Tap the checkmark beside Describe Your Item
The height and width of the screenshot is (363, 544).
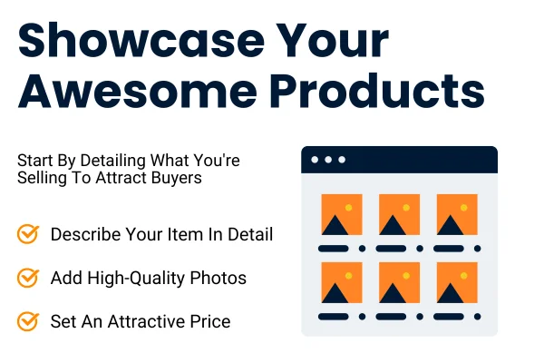[x=28, y=234]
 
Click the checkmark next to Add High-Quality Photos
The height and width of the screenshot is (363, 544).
[x=28, y=278]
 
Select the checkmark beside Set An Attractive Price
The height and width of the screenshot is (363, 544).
[x=28, y=321]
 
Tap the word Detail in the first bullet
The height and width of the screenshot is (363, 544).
[x=249, y=234]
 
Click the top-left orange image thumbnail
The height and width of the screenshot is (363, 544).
[x=341, y=215]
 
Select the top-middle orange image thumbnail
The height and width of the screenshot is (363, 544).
[x=399, y=215]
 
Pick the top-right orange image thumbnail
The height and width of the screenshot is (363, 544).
[x=457, y=215]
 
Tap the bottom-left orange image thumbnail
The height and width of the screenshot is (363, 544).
[x=341, y=283]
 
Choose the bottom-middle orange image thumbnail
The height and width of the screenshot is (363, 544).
[x=399, y=283]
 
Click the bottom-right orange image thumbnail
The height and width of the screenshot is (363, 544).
[x=457, y=283]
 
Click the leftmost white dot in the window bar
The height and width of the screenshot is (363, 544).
[x=315, y=160]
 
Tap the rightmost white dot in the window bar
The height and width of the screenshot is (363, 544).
[x=342, y=160]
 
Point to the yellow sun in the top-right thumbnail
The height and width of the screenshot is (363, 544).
[x=465, y=207]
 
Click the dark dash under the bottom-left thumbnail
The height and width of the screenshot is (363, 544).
[x=335, y=316]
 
